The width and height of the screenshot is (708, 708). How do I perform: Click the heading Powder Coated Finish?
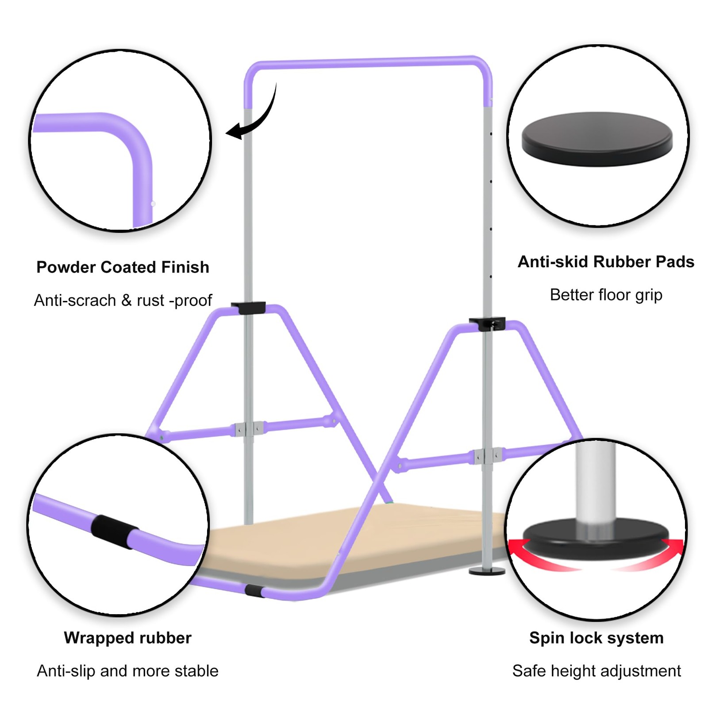coord(123,267)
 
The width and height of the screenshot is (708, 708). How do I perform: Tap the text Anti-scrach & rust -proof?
coord(123,300)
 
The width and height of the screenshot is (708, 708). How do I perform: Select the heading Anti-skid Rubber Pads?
coord(606,262)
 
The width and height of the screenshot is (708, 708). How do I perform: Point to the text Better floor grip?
coord(606,295)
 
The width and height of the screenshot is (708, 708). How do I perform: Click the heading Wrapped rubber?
coord(127,638)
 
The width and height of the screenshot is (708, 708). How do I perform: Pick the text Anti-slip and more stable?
coord(127,671)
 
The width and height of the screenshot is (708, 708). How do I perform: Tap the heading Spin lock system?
coord(596,638)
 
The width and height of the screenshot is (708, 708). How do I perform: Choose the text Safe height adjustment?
coord(596,671)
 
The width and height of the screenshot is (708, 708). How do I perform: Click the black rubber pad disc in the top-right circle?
coord(597,138)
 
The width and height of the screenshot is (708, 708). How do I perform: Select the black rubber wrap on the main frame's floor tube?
coord(254,591)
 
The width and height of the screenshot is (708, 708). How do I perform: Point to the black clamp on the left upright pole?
coord(248,307)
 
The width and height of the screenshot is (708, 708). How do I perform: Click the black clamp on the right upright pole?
coord(487,323)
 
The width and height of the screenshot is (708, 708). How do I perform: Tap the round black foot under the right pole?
coord(487,571)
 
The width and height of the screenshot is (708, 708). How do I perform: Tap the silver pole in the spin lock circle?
coord(595,482)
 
